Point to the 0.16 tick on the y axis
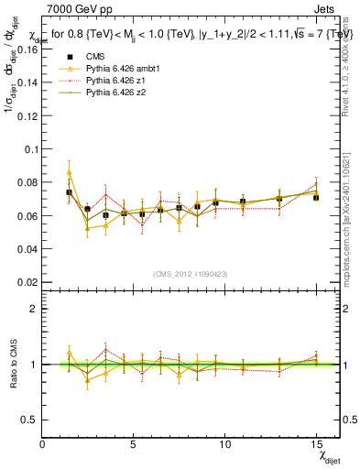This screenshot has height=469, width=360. coord(27,49)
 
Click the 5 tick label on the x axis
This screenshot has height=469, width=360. coord(134,444)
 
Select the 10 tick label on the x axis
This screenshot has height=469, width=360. coord(224,444)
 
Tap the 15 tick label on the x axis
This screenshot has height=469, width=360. coord(316,444)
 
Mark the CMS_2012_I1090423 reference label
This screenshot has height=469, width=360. coord(191,274)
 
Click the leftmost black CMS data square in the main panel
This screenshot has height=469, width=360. coord(69,192)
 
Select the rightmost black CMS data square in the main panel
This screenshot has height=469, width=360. coord(316,197)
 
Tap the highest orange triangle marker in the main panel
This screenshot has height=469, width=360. coord(69,172)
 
